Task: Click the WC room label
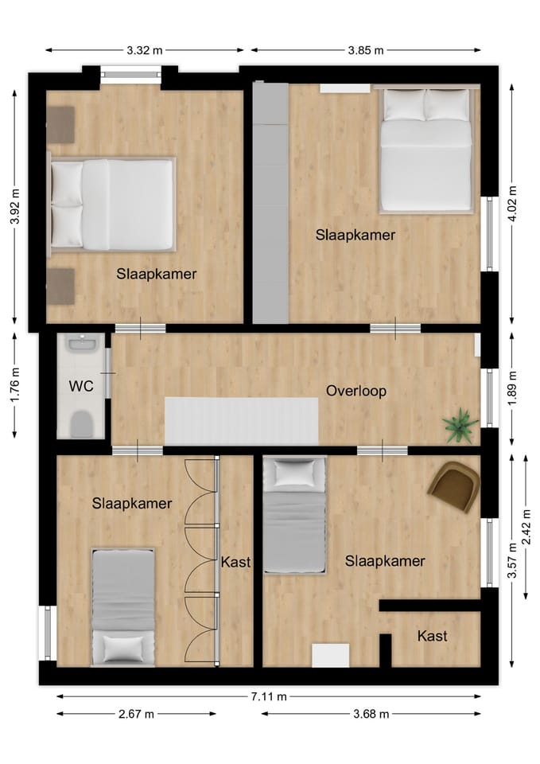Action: point(80,387)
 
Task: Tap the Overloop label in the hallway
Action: point(355,391)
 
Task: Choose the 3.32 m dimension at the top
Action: point(144,50)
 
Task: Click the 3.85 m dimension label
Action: point(365,50)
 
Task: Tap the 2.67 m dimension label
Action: point(135,714)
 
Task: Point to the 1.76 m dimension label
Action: point(15,385)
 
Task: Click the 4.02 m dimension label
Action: point(512,205)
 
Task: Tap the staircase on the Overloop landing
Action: point(241,420)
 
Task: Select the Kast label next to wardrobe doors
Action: point(235,562)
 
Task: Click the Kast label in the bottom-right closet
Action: point(432,636)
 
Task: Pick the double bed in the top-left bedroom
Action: point(112,205)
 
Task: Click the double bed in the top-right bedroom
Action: point(425,150)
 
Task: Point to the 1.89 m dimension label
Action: point(512,388)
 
